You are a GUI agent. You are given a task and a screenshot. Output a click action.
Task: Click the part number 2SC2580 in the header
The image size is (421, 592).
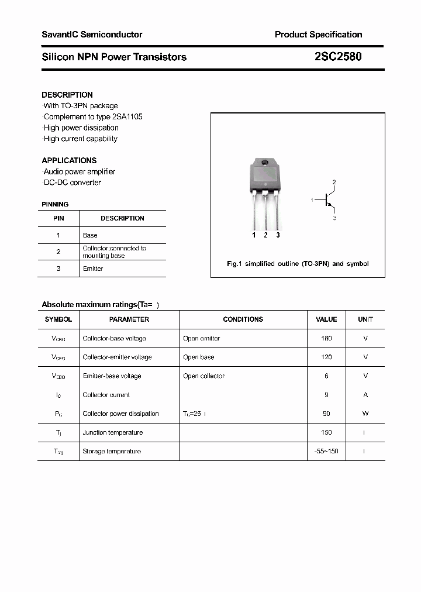click(338, 57)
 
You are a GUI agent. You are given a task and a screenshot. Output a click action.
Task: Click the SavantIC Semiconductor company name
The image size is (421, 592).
click(92, 35)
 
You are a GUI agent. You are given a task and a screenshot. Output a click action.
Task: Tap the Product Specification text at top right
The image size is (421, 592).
click(318, 35)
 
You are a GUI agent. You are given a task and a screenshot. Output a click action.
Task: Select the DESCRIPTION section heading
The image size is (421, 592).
click(67, 95)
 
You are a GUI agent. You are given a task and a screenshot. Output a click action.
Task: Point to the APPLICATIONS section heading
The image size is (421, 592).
click(69, 160)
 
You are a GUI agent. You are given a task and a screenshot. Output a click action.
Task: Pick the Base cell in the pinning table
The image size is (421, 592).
click(90, 235)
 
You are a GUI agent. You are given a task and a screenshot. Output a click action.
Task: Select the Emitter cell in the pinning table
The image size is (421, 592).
click(93, 269)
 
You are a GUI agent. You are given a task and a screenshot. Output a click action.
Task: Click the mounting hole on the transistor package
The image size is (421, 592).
click(265, 163)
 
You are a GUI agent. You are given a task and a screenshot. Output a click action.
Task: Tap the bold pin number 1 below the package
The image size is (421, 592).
click(254, 235)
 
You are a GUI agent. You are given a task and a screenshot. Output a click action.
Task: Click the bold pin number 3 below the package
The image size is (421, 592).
click(278, 235)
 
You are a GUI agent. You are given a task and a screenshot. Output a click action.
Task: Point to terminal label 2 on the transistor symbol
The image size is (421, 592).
click(334, 183)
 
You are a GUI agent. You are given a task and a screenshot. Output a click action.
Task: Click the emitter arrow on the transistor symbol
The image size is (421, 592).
click(331, 207)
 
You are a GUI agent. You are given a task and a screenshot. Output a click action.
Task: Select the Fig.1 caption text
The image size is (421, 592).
click(298, 264)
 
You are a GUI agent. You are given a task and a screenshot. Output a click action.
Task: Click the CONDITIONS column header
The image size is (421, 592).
click(243, 319)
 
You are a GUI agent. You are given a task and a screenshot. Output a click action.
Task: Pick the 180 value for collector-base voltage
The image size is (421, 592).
click(326, 338)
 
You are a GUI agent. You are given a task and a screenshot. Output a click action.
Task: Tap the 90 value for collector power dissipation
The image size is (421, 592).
click(326, 414)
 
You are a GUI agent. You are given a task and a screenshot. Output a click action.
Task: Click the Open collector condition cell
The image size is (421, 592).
click(203, 376)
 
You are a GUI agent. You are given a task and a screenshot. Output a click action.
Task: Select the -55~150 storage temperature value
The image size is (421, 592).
click(326, 451)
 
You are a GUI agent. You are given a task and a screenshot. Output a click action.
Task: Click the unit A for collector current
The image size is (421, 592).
click(365, 395)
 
